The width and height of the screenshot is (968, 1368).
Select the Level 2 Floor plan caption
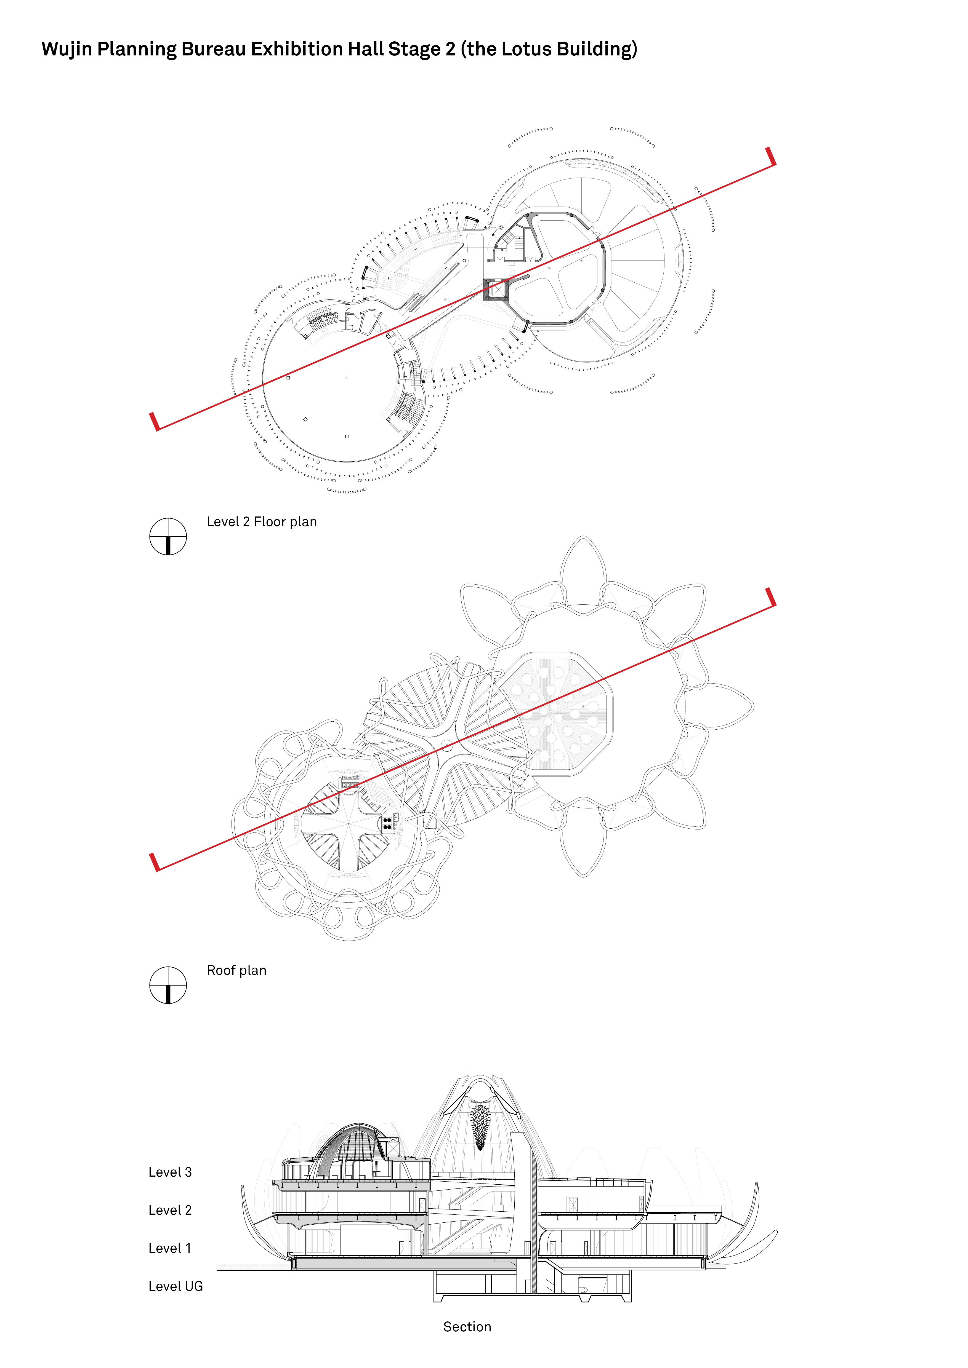click(262, 522)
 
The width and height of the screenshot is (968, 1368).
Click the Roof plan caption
click(237, 971)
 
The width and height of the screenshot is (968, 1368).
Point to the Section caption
click(467, 1327)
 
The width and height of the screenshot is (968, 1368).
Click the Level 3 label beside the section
click(171, 1172)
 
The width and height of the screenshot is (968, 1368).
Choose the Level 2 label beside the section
click(171, 1211)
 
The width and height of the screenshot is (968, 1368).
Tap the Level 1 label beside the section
click(170, 1249)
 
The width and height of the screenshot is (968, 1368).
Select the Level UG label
click(176, 1287)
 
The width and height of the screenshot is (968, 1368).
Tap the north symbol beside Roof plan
click(168, 986)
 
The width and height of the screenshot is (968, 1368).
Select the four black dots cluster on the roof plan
click(387, 823)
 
